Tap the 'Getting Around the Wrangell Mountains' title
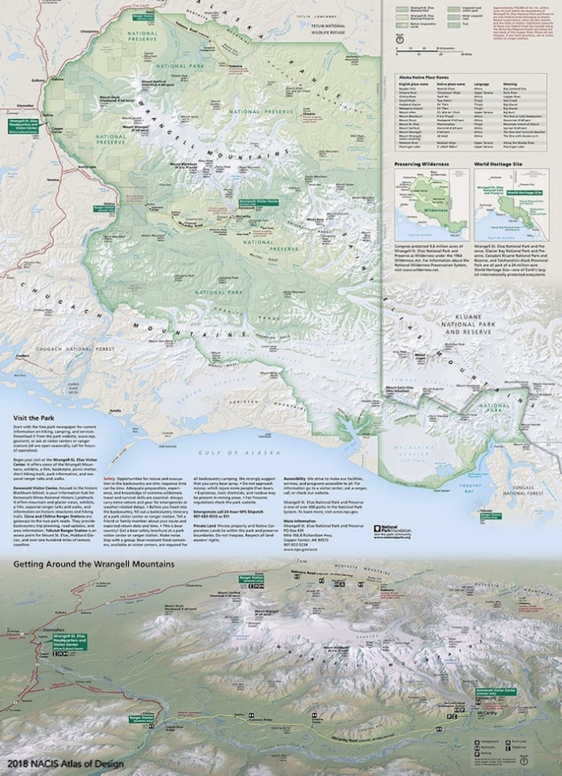(x=88, y=564)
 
